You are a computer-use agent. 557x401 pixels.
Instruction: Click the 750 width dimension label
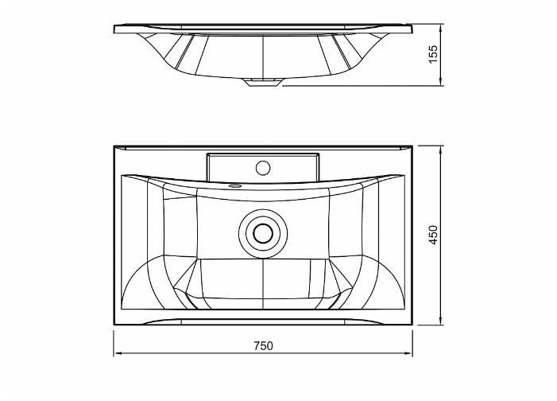coord(263,345)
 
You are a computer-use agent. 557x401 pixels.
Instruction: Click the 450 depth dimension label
coord(434,235)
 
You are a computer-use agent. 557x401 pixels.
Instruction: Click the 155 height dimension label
coord(434,54)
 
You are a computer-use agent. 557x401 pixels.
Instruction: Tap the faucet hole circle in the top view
coord(263,168)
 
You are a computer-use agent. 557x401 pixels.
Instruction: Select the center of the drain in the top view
coord(263,233)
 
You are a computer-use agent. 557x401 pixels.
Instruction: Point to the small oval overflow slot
coord(235,185)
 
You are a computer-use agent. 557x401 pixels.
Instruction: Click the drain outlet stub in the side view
coord(262,82)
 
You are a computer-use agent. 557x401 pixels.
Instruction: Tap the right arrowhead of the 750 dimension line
coord(408,353)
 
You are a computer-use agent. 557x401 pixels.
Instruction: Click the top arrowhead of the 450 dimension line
coord(440,150)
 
